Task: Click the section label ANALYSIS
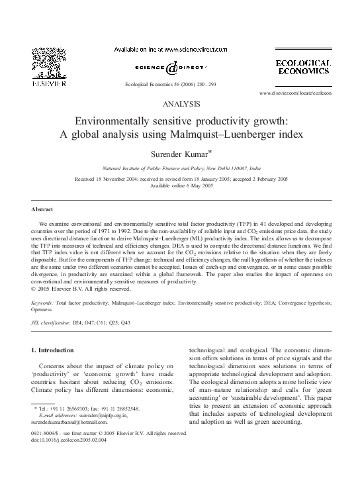click(x=179, y=104)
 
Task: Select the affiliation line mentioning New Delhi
click(x=180, y=170)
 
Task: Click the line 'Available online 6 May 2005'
click(x=180, y=186)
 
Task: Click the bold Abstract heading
click(x=43, y=209)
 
